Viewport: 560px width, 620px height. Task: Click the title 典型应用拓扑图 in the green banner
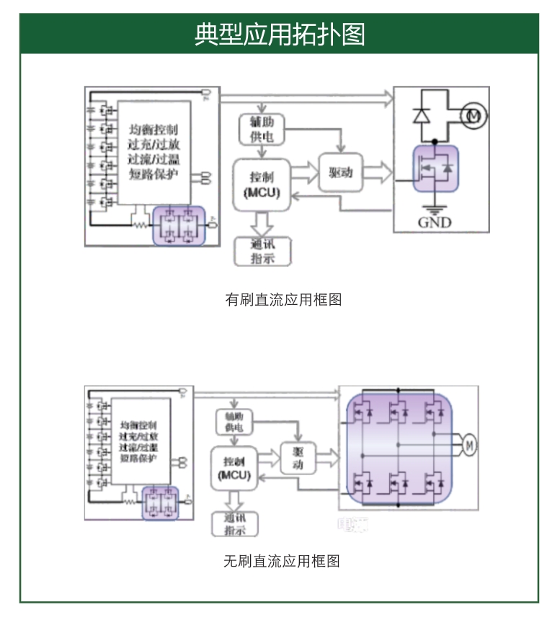(x=280, y=34)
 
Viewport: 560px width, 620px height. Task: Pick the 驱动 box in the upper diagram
(x=340, y=172)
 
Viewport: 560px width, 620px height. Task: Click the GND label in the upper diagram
(x=435, y=222)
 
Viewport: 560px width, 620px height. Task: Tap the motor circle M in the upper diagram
(x=474, y=115)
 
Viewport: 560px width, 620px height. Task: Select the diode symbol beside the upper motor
(x=422, y=115)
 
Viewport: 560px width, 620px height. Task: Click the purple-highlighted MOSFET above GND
(x=436, y=169)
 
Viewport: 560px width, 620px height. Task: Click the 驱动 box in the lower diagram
(x=298, y=457)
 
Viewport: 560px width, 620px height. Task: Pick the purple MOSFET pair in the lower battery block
(x=160, y=502)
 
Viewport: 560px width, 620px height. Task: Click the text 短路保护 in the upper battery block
(x=154, y=173)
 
